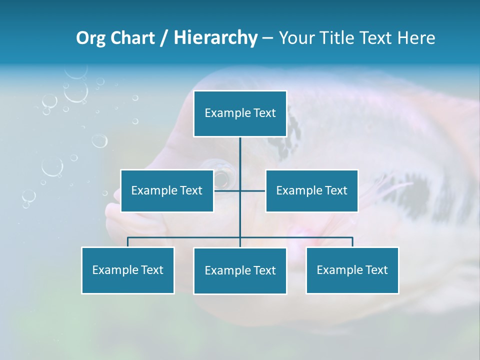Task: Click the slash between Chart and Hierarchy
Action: click(164, 38)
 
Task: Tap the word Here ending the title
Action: click(416, 38)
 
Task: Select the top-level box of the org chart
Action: click(240, 113)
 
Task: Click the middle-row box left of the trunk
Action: click(167, 190)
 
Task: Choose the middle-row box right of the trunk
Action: click(311, 190)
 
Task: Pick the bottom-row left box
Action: click(127, 270)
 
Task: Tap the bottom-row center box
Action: click(240, 270)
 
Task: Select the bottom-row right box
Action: click(352, 270)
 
